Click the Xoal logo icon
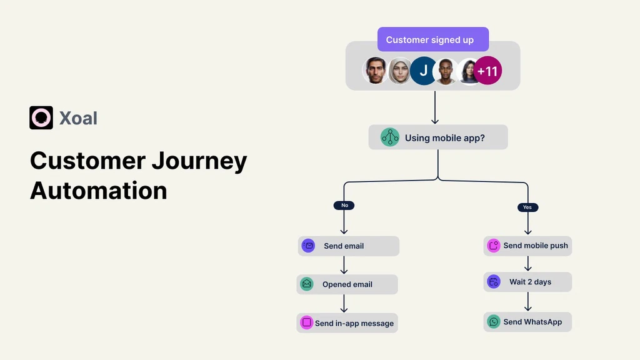tap(41, 117)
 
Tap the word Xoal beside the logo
tap(78, 117)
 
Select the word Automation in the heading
tap(99, 190)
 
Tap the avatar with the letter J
tap(423, 71)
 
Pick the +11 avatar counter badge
tap(487, 71)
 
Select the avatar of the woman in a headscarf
tap(399, 71)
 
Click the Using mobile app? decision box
tap(437, 137)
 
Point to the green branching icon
tap(390, 137)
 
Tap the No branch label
tap(344, 205)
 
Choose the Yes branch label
tap(527, 207)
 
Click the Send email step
tap(348, 246)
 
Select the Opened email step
tap(347, 284)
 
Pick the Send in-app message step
tap(347, 323)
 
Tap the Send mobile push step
tap(527, 246)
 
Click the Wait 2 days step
tap(527, 282)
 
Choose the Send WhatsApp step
tap(527, 322)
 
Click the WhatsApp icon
tap(494, 322)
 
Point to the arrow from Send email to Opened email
tap(344, 265)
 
